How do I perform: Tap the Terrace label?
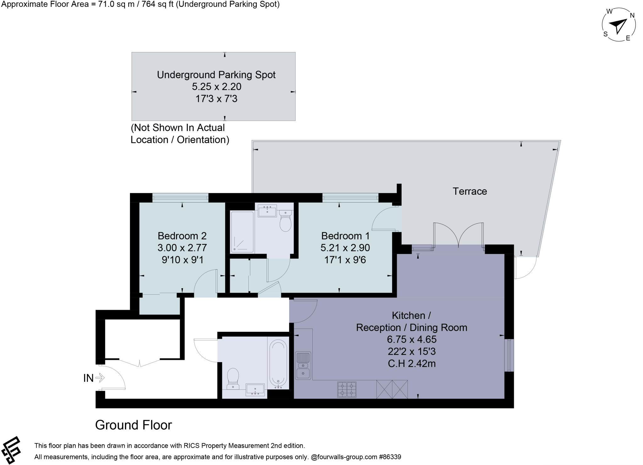(469, 191)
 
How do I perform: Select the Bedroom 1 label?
(345, 236)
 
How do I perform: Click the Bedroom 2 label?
(182, 236)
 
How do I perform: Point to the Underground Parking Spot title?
(216, 75)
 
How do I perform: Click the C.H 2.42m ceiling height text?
(412, 364)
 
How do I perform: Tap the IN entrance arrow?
(100, 378)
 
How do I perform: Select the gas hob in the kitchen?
(347, 389)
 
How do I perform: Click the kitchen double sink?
(303, 365)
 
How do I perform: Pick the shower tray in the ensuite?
(242, 232)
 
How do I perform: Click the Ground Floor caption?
(133, 425)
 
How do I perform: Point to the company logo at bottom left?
(11, 450)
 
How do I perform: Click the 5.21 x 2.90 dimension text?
(345, 248)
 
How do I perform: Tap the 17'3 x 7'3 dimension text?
(216, 99)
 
